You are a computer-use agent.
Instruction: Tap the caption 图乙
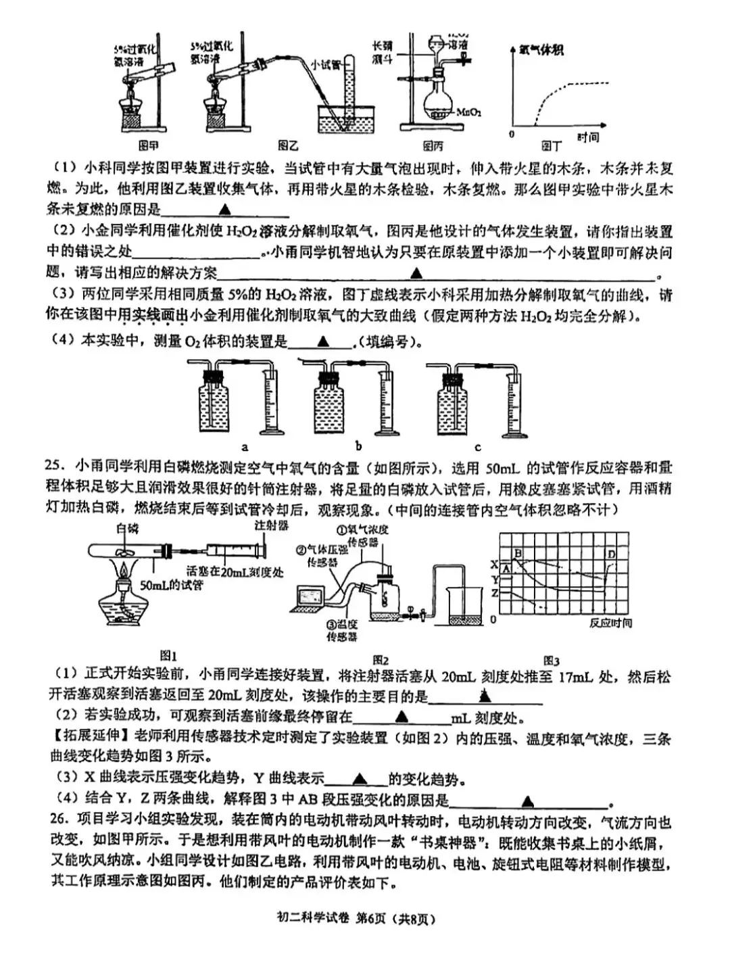pyautogui.click(x=289, y=145)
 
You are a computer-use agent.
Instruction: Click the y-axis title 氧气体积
pyautogui.click(x=541, y=49)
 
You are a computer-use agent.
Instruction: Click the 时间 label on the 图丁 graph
pyautogui.click(x=588, y=137)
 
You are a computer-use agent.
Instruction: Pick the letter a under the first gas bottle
pyautogui.click(x=245, y=446)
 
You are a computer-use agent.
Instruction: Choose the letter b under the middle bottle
pyautogui.click(x=358, y=446)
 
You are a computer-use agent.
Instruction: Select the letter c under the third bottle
pyautogui.click(x=478, y=446)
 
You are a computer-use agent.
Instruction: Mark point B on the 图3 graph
pyautogui.click(x=518, y=554)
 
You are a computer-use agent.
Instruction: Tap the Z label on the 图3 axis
pyautogui.click(x=494, y=593)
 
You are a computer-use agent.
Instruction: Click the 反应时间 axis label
pyautogui.click(x=610, y=623)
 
